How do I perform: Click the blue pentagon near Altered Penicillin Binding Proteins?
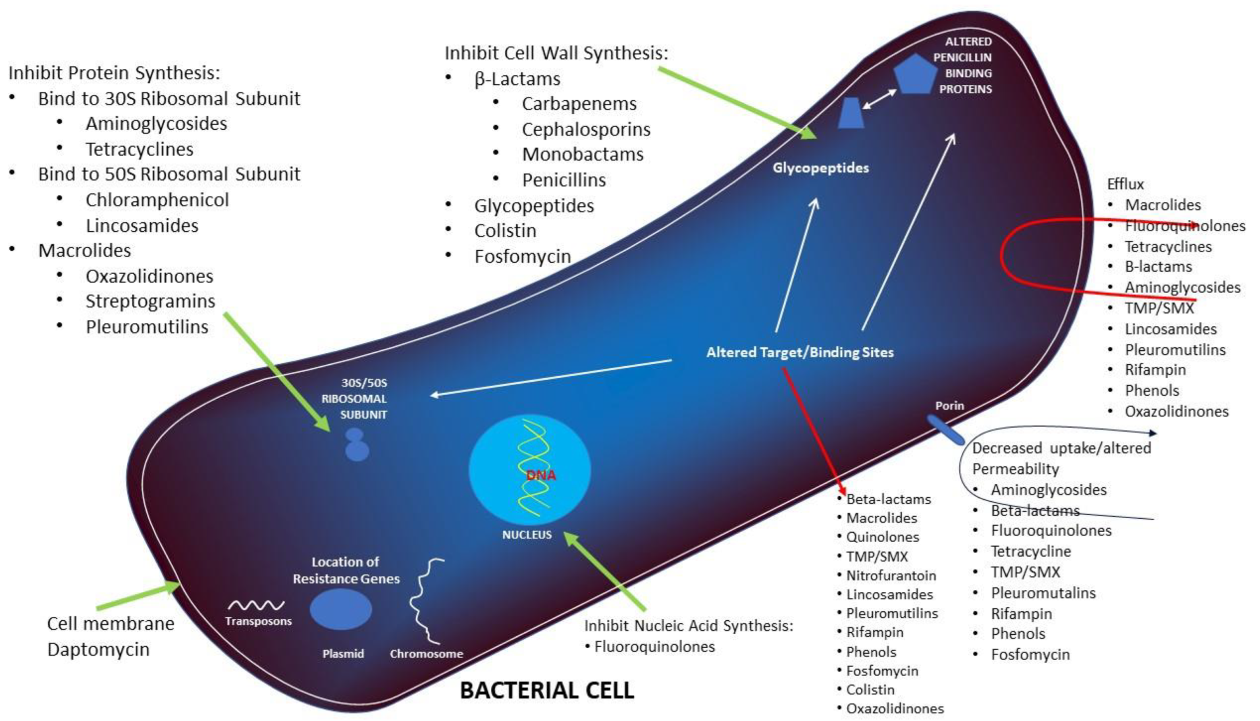[x=915, y=75]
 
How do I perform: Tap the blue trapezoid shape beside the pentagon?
[x=851, y=113]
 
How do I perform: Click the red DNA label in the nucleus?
[x=541, y=475]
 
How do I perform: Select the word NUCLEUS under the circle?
[x=526, y=535]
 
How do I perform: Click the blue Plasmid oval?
[x=341, y=610]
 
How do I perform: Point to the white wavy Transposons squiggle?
[x=256, y=605]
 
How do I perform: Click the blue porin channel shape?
[x=945, y=429]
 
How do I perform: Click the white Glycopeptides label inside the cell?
[x=821, y=168]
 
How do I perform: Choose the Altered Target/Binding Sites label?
[x=800, y=352]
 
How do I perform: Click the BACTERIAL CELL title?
[x=547, y=690]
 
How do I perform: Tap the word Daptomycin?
[x=98, y=649]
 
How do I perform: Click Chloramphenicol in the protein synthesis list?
[x=157, y=200]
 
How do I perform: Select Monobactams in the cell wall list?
[x=582, y=155]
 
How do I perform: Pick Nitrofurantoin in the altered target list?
[x=891, y=575]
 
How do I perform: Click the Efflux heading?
[x=1125, y=184]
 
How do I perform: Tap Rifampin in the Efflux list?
[x=1155, y=370]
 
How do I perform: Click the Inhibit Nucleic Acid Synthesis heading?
[x=688, y=626]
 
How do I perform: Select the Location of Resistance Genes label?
[x=346, y=571]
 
